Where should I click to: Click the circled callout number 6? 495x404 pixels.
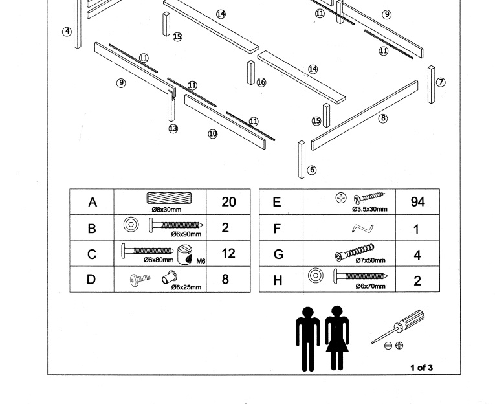pyautogui.click(x=312, y=170)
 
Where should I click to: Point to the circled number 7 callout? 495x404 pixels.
pyautogui.click(x=441, y=82)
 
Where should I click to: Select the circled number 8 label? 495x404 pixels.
pyautogui.click(x=383, y=118)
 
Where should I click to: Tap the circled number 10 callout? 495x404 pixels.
pyautogui.click(x=212, y=134)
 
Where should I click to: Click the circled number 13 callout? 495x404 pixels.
pyautogui.click(x=173, y=128)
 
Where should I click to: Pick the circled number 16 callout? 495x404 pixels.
pyautogui.click(x=261, y=82)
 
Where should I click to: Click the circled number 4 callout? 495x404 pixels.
pyautogui.click(x=67, y=32)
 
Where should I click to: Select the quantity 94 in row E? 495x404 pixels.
pyautogui.click(x=417, y=202)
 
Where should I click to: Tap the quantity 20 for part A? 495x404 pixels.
pyautogui.click(x=228, y=202)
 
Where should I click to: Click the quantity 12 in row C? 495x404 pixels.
pyautogui.click(x=228, y=254)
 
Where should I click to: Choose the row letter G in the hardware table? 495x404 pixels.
pyautogui.click(x=278, y=254)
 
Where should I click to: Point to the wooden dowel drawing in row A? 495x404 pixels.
pyautogui.click(x=166, y=199)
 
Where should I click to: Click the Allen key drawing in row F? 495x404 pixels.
pyautogui.click(x=364, y=228)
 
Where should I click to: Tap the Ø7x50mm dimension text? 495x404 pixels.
pyautogui.click(x=370, y=261)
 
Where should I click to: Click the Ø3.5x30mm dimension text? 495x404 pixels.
pyautogui.click(x=369, y=209)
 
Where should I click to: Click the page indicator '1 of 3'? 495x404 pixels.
pyautogui.click(x=421, y=368)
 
